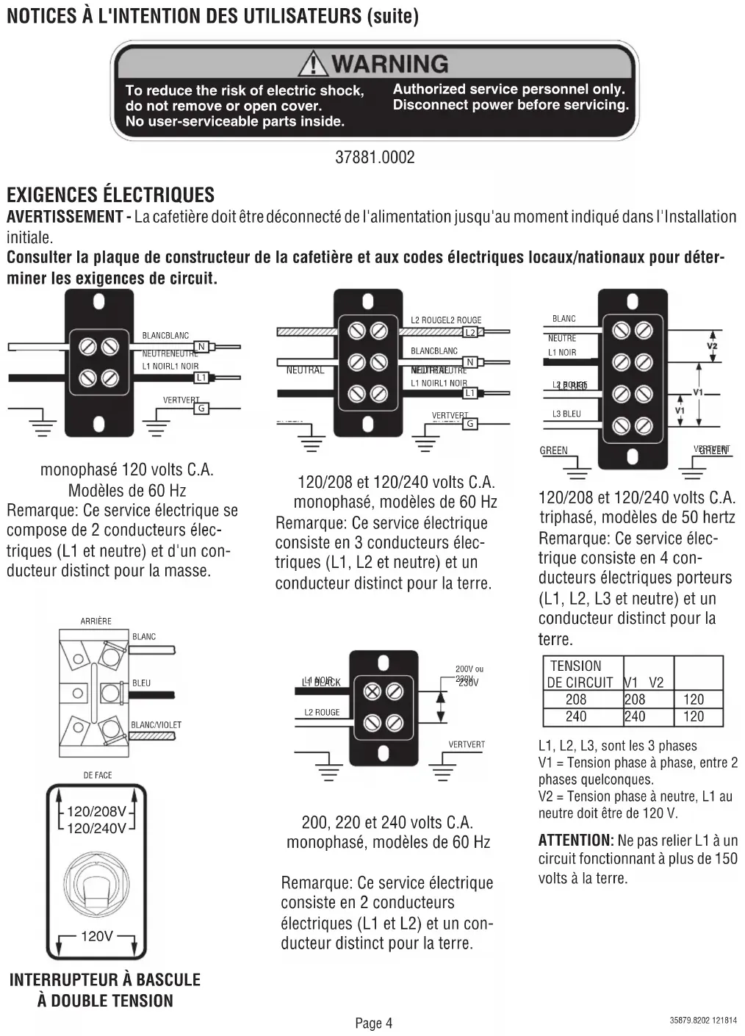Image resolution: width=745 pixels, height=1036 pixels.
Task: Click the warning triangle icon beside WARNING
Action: [314, 63]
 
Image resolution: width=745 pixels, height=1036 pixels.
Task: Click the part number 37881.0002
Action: [375, 157]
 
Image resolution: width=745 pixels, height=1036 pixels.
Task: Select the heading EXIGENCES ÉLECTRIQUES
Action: [111, 195]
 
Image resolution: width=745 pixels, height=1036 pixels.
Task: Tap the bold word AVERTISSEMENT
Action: [65, 217]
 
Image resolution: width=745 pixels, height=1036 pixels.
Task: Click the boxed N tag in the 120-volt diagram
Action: [201, 347]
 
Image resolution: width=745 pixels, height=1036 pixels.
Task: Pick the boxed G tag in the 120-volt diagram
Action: [201, 408]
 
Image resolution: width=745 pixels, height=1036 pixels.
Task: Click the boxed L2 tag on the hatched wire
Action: [470, 332]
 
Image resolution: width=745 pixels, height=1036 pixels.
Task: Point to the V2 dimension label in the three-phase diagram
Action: [712, 346]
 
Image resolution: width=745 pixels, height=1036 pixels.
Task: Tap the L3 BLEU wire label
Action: [566, 414]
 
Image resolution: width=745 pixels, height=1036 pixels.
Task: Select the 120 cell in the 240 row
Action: [694, 716]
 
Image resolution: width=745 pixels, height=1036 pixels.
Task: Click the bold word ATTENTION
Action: [575, 840]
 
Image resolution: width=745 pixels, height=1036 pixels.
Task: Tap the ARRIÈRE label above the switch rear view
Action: [96, 621]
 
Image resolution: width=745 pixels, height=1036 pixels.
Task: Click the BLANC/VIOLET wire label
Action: [156, 724]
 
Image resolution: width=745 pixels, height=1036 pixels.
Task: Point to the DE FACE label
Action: [98, 775]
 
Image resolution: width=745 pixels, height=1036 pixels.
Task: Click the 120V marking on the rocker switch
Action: [97, 936]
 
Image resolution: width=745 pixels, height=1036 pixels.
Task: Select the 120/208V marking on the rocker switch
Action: [96, 812]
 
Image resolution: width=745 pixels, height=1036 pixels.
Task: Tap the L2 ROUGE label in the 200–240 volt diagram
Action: [322, 712]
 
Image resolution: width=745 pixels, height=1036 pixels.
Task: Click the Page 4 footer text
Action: [374, 1023]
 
